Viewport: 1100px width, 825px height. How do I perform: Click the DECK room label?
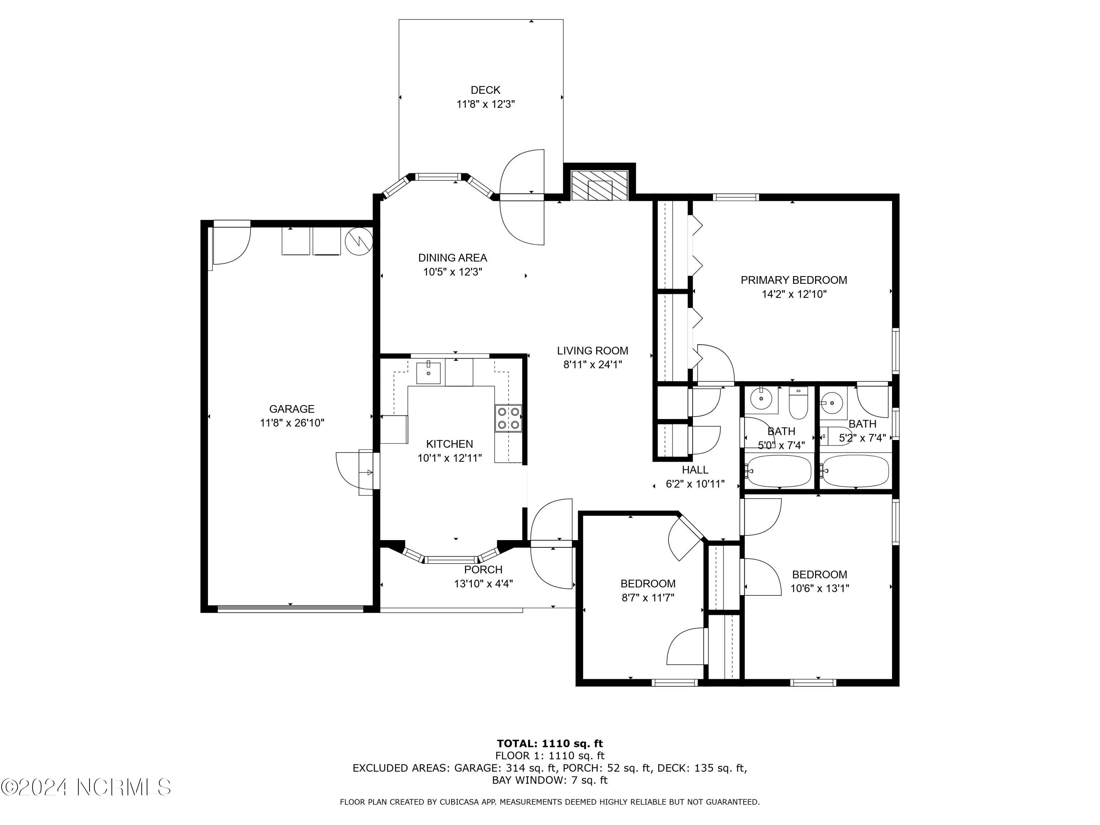485,90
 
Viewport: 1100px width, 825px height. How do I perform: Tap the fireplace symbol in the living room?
599,186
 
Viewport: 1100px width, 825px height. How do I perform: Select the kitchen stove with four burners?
508,418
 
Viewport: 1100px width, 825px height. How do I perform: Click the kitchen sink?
428,373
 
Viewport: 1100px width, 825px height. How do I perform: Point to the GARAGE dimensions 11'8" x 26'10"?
292,423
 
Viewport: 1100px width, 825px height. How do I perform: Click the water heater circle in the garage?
359,242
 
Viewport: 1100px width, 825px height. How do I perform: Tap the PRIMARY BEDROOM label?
794,280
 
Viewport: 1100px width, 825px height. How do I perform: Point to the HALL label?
695,469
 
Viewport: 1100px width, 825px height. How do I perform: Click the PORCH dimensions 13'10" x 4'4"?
483,583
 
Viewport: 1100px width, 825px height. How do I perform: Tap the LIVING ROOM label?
592,351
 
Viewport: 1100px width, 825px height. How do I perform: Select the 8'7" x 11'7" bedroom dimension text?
648,597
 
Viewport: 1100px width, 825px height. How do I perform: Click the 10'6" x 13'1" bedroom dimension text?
819,588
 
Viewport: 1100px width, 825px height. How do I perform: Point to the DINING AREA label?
452,258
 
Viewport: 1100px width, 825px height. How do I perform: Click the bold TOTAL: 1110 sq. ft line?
550,744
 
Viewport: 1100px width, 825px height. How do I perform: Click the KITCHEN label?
449,444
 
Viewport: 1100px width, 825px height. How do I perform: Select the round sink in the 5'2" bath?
832,402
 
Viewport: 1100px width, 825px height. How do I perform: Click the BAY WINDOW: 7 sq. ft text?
550,780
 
